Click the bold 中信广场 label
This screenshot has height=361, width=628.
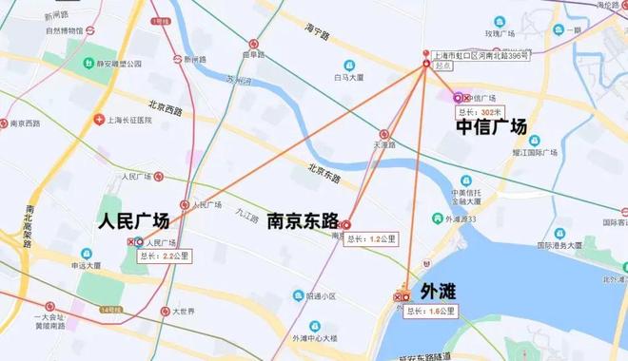(491, 126)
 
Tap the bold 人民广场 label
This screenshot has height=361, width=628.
(134, 221)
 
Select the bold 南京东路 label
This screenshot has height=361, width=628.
(304, 221)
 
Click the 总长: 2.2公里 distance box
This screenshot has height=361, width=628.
(162, 256)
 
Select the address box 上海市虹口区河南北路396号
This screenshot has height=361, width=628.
(477, 56)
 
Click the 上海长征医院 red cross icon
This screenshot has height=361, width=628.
(98, 121)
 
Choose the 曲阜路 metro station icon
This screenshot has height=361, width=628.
(254, 44)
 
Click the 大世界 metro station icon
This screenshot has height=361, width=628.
(164, 312)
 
